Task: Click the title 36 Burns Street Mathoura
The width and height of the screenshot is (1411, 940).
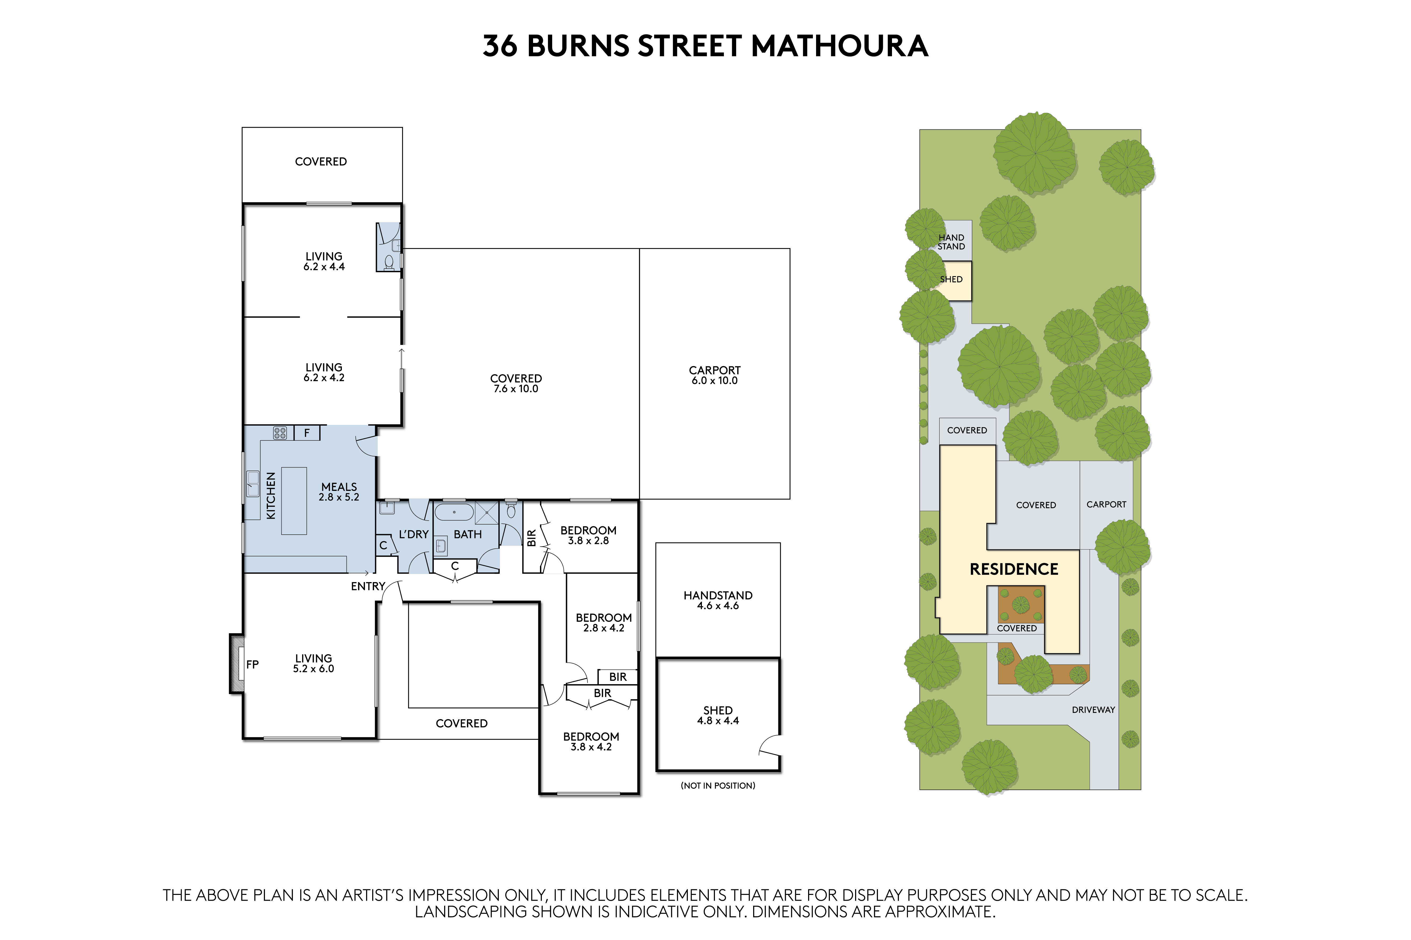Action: point(706,46)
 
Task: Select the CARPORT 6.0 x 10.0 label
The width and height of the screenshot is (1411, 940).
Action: point(714,375)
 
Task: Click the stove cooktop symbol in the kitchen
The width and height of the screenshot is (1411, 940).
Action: point(280,433)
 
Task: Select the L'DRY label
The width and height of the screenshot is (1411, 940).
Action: point(414,534)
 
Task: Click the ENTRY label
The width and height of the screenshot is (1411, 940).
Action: point(368,586)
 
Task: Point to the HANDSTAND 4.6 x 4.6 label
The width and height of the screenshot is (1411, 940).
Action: point(718,600)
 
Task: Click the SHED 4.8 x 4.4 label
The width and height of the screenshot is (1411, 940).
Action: point(718,715)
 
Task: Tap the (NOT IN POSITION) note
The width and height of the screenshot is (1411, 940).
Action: point(718,785)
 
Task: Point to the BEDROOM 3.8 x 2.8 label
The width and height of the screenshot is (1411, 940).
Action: point(589,535)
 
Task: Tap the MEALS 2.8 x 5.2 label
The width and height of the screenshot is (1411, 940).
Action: point(339,492)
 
